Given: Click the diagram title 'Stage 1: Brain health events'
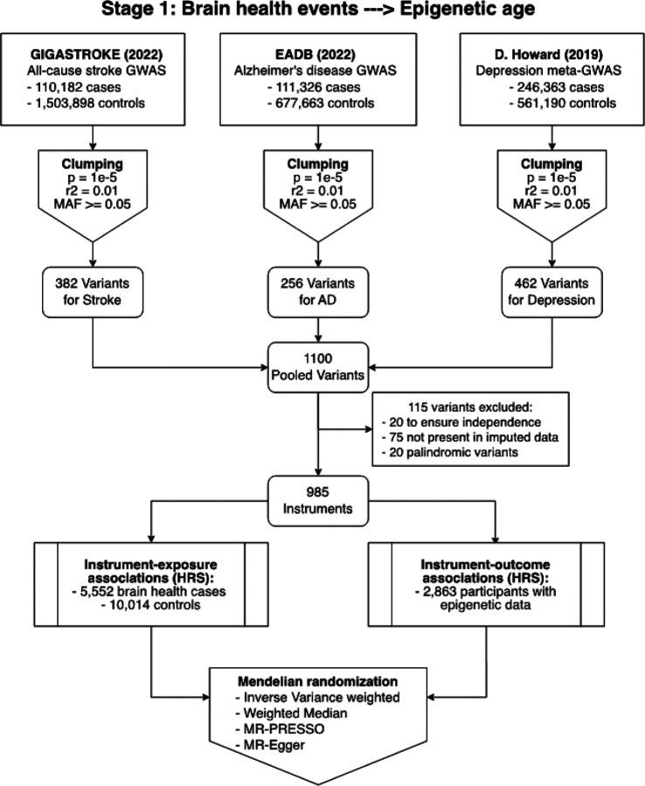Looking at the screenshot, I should point(322,12).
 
